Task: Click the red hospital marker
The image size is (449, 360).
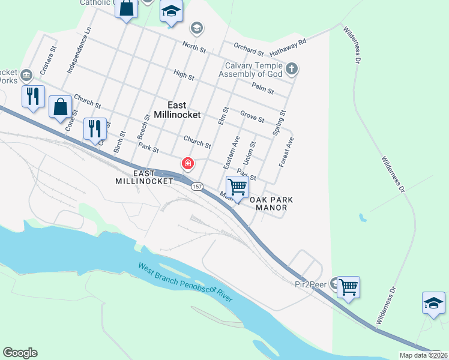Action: (188, 163)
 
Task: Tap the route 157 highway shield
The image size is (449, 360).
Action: (197, 187)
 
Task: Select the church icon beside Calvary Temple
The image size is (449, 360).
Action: (292, 69)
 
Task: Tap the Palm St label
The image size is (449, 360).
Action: (262, 89)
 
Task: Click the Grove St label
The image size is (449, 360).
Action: (252, 116)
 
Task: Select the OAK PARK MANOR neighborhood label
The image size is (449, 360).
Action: (271, 203)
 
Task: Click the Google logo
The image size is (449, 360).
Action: (20, 353)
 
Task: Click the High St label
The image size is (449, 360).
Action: (184, 76)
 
